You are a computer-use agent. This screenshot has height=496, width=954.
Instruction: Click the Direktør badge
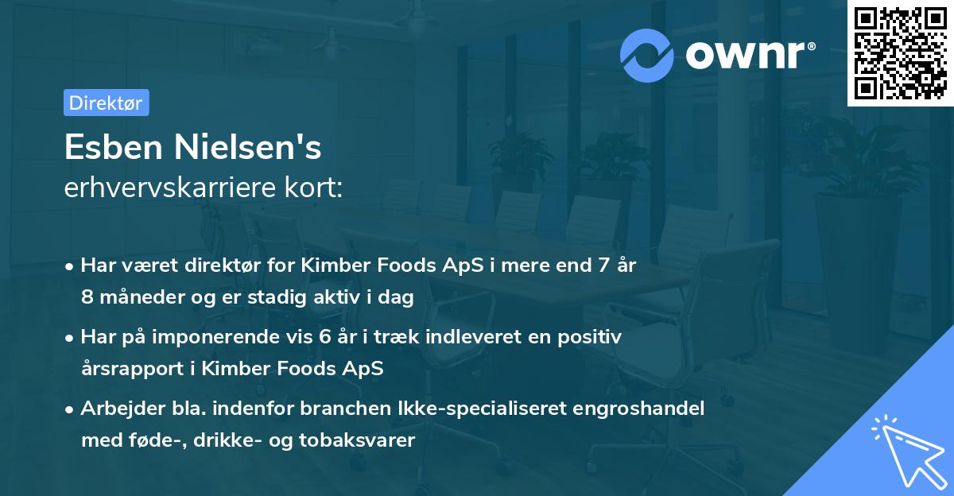coord(107,103)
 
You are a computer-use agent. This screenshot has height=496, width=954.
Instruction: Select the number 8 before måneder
coord(87,298)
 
